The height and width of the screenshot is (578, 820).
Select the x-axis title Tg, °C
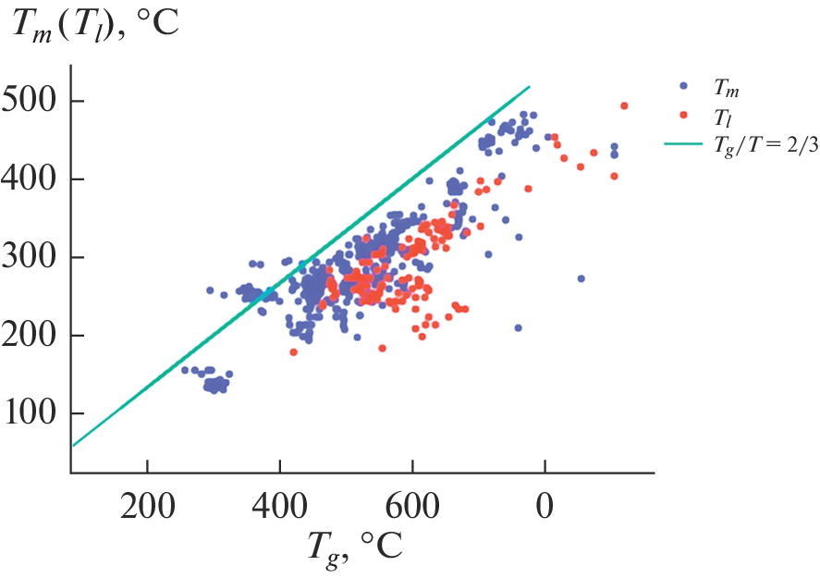point(354,551)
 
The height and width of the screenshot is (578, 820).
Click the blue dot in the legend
point(683,85)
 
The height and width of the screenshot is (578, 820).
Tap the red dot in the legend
point(683,115)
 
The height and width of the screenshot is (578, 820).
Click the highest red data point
point(624,105)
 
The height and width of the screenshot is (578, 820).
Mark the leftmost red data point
point(293,352)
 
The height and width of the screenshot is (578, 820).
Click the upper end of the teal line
point(529,87)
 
